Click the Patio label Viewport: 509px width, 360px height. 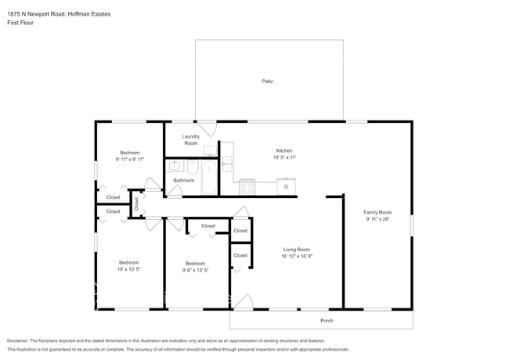pos(268,81)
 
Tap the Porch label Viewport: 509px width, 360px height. pos(327,320)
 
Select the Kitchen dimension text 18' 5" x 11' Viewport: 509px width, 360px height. pos(284,157)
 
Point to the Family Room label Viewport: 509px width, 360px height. pos(377,212)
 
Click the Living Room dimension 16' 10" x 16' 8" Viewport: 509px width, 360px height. pos(297,256)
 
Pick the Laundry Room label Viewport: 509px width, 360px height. pos(191,140)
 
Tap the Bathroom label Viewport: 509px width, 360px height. pos(184,180)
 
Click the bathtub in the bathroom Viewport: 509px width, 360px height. pos(209,177)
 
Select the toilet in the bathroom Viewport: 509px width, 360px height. pos(193,167)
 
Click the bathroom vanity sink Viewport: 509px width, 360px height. pos(175,165)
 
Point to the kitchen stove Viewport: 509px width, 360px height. pos(247,187)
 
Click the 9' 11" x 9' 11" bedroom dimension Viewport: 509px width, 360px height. pos(130,159)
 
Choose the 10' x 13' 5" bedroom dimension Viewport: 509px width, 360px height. pos(129,269)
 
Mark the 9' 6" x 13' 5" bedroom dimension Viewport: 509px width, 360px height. pos(196,270)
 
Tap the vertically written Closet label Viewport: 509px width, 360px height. pos(136,203)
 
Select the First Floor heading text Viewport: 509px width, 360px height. pos(20,23)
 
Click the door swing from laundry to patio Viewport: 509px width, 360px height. pos(207,128)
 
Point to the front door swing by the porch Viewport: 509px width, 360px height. pos(244,302)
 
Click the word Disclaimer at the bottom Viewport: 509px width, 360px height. pos(17,341)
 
